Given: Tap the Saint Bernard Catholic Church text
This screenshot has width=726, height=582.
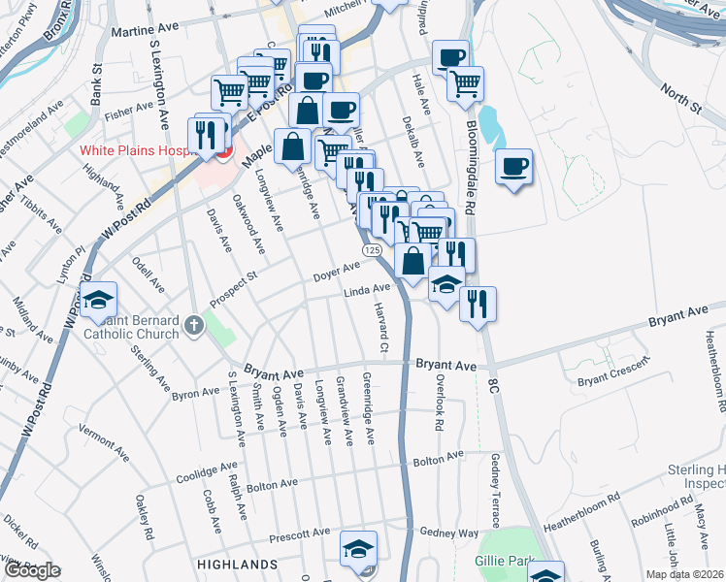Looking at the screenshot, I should (132, 328).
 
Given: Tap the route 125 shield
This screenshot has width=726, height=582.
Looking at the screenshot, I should (372, 250).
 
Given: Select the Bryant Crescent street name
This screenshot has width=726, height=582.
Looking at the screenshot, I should (611, 377).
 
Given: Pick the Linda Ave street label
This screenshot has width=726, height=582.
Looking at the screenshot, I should (366, 289).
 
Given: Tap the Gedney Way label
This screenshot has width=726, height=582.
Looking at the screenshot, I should (449, 533).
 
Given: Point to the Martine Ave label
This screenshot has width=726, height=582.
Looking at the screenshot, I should (142, 32).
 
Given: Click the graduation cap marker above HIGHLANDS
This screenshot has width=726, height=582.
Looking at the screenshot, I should (358, 550).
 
